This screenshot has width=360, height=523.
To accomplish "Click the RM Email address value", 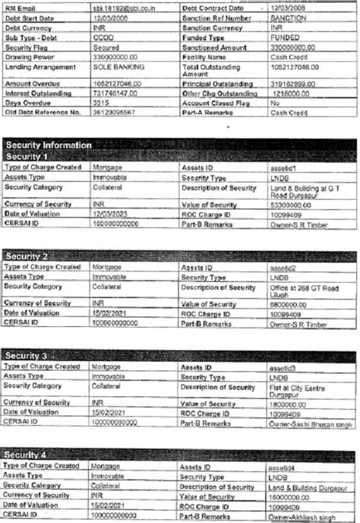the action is (x=123, y=7).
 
